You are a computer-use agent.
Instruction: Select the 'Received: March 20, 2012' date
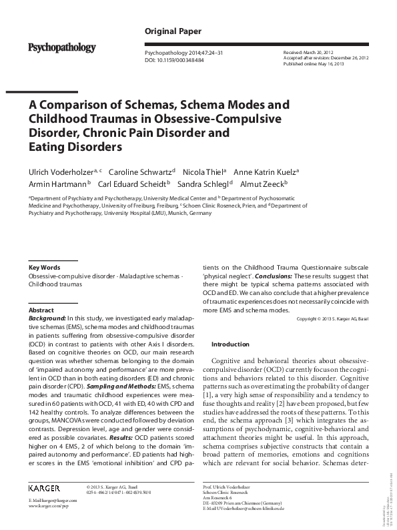(x=311, y=52)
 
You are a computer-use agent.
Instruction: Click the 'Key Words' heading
(x=45, y=267)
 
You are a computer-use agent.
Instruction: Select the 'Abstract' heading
(x=41, y=310)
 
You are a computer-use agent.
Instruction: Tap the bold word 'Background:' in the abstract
(x=47, y=319)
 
